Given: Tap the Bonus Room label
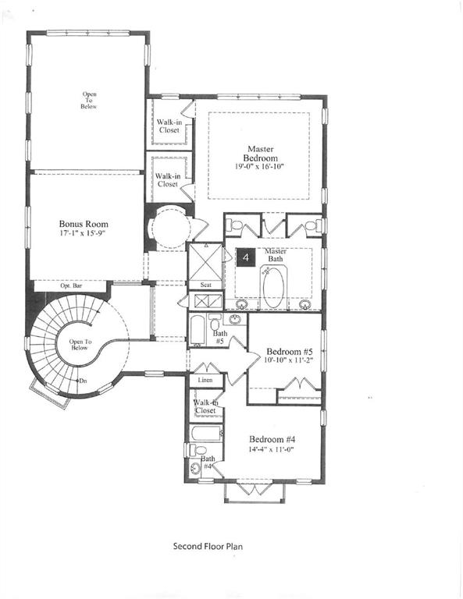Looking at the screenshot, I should tap(84, 224).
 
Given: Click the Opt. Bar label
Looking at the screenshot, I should tap(71, 286).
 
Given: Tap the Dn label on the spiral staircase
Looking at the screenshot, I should tap(82, 381).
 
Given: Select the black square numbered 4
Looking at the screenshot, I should tap(247, 257).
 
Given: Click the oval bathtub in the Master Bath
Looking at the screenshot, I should tap(275, 288).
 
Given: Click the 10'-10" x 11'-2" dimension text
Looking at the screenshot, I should tap(288, 360).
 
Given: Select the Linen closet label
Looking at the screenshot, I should tap(205, 380).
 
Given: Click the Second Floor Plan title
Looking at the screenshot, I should tap(208, 547).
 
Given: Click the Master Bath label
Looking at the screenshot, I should tap(275, 255).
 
